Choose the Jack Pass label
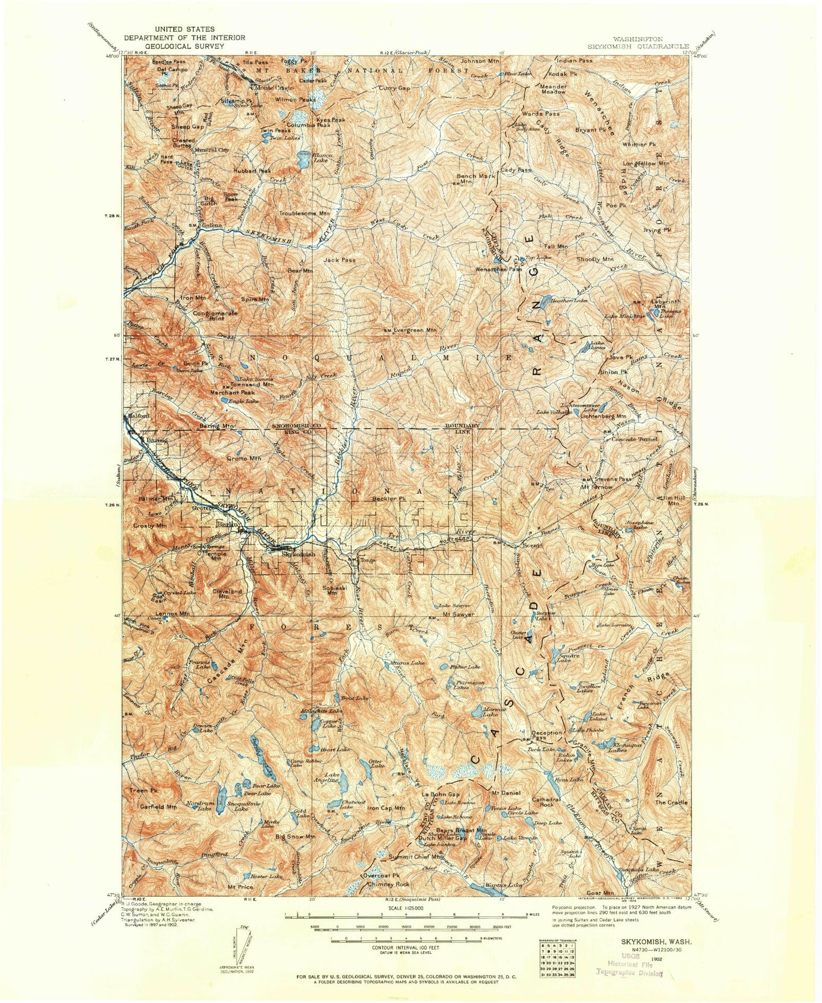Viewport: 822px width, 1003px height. tap(340, 259)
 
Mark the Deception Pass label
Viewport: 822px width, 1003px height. tap(547, 735)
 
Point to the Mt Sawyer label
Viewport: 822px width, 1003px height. tap(458, 614)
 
